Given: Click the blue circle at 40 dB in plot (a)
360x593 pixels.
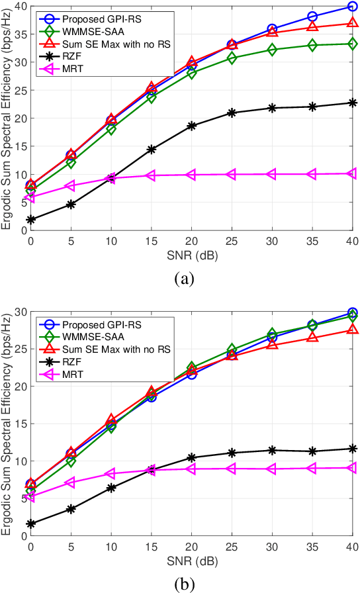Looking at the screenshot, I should point(352,7).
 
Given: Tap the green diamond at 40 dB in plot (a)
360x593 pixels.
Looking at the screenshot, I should point(352,44).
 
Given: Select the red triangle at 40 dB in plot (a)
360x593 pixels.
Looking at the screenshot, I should point(352,23).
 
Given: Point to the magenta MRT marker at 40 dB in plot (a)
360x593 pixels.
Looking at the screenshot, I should point(352,173).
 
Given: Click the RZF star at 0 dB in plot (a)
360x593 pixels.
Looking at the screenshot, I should point(31,220).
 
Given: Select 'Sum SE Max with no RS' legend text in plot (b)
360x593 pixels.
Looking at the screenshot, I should point(116,348).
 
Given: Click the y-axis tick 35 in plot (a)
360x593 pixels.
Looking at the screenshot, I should point(19,34).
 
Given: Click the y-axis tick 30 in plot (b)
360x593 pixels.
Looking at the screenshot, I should point(19,312).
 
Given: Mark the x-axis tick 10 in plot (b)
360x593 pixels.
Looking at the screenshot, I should point(111,547).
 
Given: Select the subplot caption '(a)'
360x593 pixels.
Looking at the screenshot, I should point(183,279).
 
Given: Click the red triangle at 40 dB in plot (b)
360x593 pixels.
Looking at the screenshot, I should point(352,329).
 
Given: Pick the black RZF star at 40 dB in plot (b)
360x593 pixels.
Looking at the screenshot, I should point(352,449).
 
